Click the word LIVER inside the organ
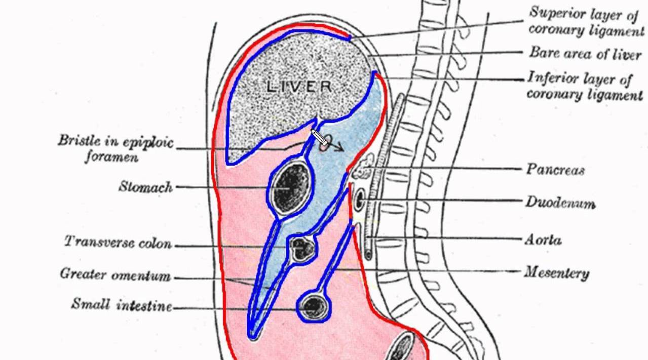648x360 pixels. [x=299, y=87]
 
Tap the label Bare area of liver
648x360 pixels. [x=585, y=53]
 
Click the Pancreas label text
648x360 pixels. [x=555, y=169]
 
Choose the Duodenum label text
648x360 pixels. [x=560, y=203]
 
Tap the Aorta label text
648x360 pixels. [x=543, y=239]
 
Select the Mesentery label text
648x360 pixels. [x=556, y=273]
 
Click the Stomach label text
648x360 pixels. [x=146, y=187]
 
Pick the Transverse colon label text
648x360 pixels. [x=118, y=243]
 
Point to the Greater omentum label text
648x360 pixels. [x=116, y=275]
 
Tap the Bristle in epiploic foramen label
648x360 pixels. [x=115, y=148]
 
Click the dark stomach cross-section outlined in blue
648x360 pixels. [x=291, y=186]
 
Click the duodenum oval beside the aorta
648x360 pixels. [x=360, y=199]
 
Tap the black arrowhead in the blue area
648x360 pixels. [x=340, y=148]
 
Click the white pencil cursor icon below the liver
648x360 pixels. [x=319, y=137]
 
